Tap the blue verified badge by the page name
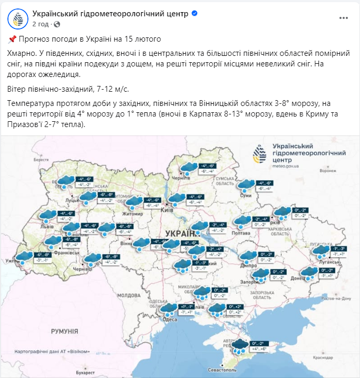[x=194, y=14]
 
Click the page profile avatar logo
[x=18, y=18]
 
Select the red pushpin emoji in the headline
[x=13, y=39]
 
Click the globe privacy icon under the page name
[x=57, y=24]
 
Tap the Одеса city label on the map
[x=170, y=319]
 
